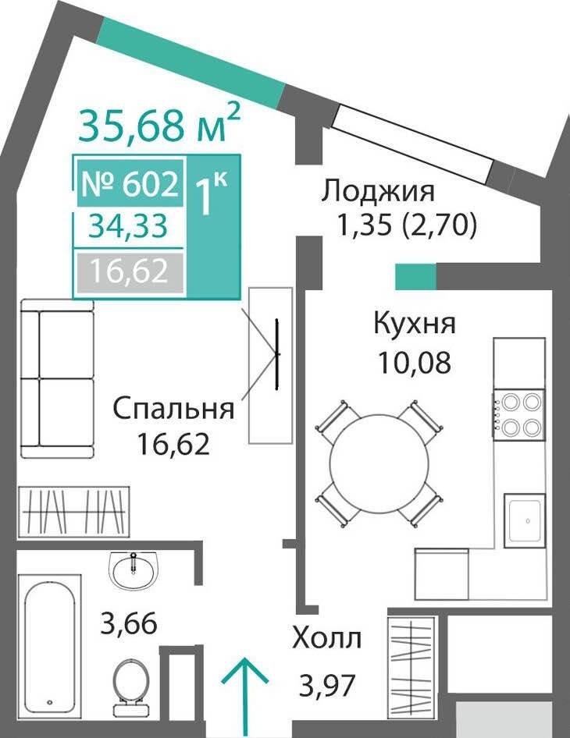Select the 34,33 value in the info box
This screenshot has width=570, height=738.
[x=129, y=226]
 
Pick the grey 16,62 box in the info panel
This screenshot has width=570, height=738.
[x=130, y=272]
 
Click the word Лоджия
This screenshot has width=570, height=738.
[x=377, y=193]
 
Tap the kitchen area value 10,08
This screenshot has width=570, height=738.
[x=415, y=363]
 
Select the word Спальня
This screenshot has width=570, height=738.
[x=173, y=408]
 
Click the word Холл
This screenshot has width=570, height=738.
[x=327, y=638]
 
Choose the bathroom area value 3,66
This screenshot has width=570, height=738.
[x=129, y=623]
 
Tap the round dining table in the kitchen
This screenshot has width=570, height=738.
[x=379, y=463]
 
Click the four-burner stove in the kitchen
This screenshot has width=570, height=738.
[x=519, y=415]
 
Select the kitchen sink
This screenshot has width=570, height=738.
[x=524, y=520]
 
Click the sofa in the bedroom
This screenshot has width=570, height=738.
[x=58, y=378]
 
